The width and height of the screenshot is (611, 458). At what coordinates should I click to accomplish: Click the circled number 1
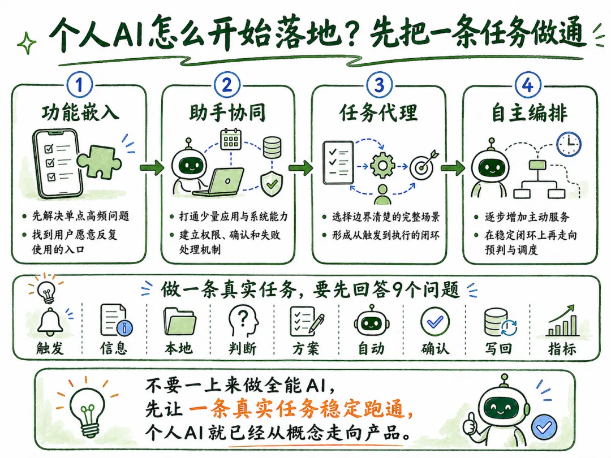coord(80,84)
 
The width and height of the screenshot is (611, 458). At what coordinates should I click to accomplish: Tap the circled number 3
coord(379,85)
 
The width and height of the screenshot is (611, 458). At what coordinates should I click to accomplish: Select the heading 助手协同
coord(227,113)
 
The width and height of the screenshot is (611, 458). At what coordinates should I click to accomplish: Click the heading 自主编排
coord(530,113)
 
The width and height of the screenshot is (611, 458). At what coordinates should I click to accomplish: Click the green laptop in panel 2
coord(220,182)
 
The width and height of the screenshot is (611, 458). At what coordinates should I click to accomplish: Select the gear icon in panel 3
coord(382,166)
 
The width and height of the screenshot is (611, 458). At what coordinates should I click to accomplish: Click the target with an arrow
coord(424,165)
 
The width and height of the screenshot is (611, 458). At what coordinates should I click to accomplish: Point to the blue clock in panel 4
coord(569,145)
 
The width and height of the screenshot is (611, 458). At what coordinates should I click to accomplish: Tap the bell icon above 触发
coord(50,322)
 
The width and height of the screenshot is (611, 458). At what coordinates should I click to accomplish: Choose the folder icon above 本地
coord(180,321)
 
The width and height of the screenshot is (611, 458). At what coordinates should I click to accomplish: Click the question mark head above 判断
coord(243,321)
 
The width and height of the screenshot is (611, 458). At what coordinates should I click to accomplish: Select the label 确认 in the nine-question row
coord(435,348)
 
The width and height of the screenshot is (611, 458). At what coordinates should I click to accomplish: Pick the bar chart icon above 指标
coord(563,321)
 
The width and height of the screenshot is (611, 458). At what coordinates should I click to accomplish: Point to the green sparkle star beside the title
coord(27,43)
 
